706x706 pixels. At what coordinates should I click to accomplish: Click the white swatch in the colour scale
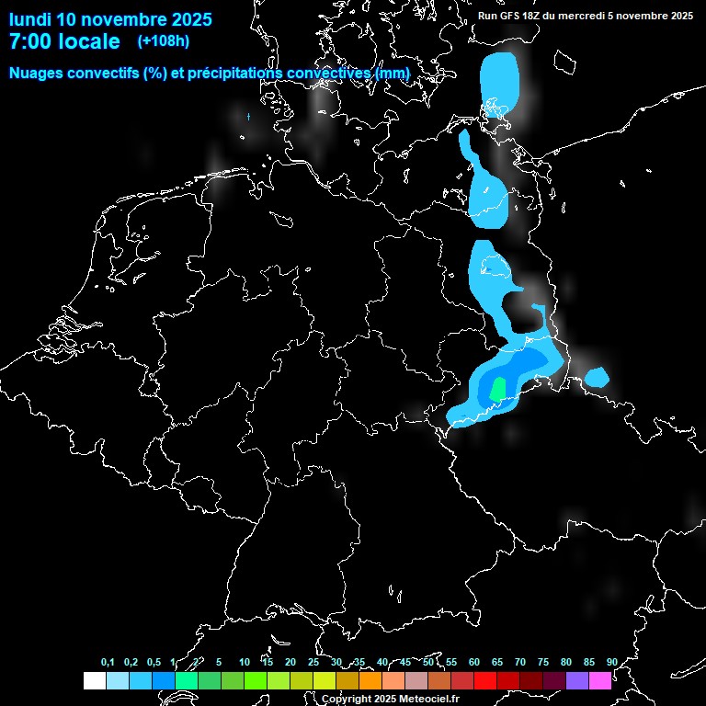94,680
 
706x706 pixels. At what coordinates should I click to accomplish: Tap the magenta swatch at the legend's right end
599,680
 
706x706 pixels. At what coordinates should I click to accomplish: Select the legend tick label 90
612,662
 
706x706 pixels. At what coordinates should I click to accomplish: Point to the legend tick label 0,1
108,662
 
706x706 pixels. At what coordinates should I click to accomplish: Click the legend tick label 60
474,662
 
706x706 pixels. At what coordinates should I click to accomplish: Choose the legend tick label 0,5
154,662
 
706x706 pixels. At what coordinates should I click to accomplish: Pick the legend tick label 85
589,662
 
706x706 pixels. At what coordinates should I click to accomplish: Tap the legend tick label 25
313,662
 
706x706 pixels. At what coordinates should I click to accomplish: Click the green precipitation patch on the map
497,388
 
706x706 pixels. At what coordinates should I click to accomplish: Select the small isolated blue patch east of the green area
598,376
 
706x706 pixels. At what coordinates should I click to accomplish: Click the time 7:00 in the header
30,41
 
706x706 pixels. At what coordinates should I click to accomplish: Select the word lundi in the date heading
29,19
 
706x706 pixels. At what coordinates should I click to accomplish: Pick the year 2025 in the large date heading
186,19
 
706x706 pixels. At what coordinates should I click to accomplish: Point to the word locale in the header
88,41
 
